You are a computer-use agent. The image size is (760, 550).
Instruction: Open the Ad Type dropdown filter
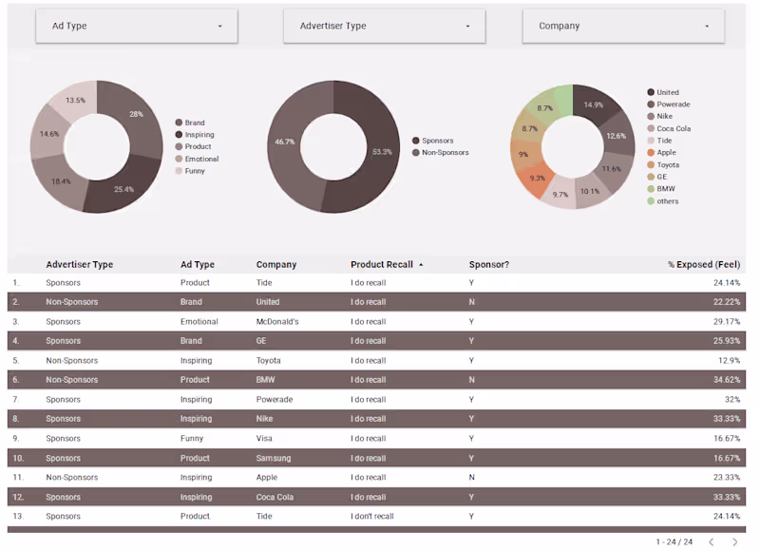(137, 26)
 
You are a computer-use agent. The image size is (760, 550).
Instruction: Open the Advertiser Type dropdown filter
(384, 26)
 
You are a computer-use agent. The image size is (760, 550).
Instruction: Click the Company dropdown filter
(623, 26)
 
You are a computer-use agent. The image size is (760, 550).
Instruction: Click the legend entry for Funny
(195, 171)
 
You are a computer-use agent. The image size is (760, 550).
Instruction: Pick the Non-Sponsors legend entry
(445, 153)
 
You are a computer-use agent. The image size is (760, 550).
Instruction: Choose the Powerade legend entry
(673, 104)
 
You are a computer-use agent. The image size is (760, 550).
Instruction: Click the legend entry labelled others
(667, 201)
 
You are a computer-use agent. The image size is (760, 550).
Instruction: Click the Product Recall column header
(382, 264)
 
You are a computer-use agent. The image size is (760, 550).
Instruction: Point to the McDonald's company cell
(277, 321)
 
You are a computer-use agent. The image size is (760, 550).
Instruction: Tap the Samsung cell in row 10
(274, 458)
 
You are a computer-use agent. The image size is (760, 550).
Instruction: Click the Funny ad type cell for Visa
(192, 439)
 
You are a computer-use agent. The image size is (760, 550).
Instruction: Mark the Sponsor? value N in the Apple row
(471, 478)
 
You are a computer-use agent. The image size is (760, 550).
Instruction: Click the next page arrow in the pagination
(734, 541)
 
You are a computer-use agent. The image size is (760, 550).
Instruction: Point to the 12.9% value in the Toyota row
(727, 360)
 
